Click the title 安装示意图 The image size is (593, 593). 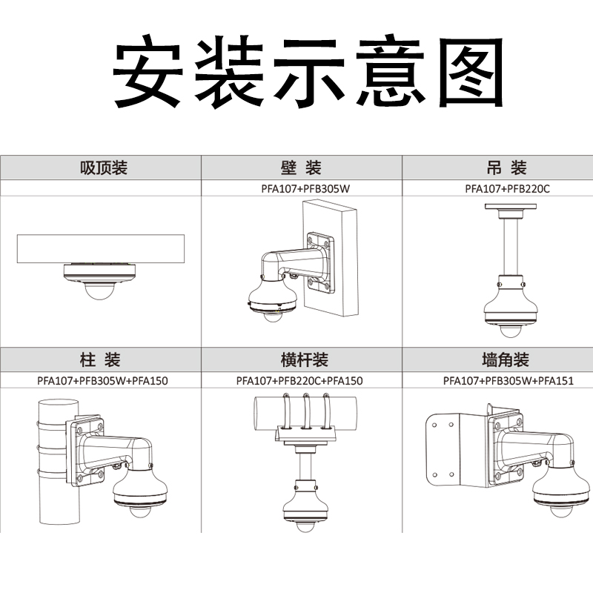coord(308,70)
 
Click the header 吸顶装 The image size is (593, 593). coord(103,168)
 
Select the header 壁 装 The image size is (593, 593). coord(301,168)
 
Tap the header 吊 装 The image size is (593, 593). coord(506,168)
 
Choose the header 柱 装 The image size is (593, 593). coord(100,360)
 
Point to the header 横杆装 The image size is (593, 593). coord(304,360)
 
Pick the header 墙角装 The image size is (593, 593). coord(506,360)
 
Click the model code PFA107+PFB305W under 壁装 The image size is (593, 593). coord(305,188)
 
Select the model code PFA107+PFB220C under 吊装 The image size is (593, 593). coord(507,188)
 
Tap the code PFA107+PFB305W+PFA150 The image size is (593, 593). coord(102,380)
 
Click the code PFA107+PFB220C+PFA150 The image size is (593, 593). coord(299,380)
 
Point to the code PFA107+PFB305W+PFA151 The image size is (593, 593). coord(508,380)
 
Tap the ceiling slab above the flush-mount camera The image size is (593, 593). coord(101,249)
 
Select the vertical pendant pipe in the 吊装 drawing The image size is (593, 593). coord(511,248)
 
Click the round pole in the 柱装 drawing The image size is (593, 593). coord(59,461)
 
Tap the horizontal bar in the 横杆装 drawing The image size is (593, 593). coord(305,414)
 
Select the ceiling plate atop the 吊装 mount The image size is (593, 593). coord(511,207)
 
